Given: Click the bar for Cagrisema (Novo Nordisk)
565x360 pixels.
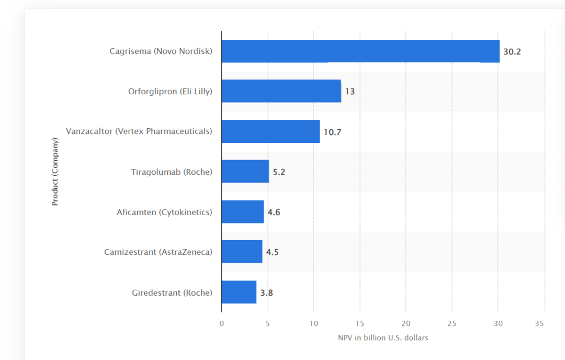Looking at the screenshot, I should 360,51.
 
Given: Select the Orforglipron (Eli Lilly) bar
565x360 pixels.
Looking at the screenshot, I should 281,91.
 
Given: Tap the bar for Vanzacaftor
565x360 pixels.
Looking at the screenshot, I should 270,131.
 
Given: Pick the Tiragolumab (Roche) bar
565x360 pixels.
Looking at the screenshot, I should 245,172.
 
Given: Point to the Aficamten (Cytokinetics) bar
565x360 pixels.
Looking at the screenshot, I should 242,212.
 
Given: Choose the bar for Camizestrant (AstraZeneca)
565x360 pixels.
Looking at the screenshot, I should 242,252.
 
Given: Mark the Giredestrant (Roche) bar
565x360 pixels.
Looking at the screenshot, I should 239,292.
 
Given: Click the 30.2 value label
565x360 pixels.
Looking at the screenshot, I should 512,52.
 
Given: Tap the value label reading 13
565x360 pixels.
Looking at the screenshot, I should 349,92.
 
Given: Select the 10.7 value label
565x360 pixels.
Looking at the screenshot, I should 332,132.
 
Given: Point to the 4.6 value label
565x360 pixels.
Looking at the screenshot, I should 274,212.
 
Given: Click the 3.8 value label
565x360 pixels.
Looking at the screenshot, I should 266,292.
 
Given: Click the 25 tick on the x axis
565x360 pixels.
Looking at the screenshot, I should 452,323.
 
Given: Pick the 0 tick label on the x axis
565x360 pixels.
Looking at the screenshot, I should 221,323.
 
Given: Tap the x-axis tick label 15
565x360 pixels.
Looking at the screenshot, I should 359,323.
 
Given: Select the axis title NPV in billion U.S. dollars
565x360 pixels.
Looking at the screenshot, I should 383,338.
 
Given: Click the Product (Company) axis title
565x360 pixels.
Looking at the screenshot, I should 55,172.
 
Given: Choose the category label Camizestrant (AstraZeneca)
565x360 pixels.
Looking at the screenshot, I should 158,252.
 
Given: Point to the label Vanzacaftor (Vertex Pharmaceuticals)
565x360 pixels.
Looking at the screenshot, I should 139,131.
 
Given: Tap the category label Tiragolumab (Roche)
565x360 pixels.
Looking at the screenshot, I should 172,172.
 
